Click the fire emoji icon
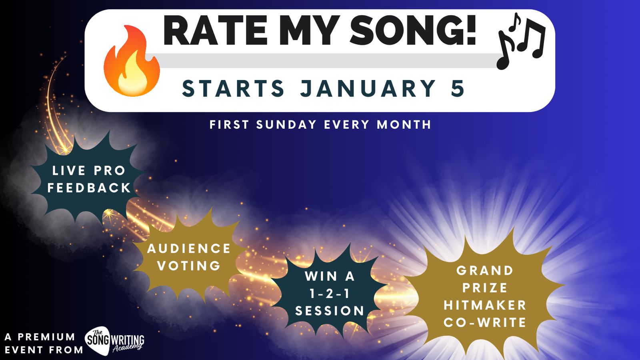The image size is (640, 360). (x=132, y=60)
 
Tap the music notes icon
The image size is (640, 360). (x=522, y=41)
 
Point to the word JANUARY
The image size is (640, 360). (x=368, y=88)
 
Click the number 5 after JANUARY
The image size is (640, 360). (x=458, y=88)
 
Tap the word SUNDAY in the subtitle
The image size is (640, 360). (x=286, y=124)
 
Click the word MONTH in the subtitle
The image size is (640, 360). (x=404, y=124)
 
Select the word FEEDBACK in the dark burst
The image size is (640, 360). (x=89, y=188)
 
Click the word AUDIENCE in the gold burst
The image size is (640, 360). (x=189, y=248)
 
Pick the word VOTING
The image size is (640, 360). (x=189, y=266)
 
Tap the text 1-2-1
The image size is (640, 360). (x=330, y=294)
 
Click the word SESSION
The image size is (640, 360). (x=330, y=311)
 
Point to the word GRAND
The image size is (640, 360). (x=485, y=270)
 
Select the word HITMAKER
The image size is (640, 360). (x=485, y=305)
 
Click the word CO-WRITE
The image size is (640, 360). (x=485, y=322)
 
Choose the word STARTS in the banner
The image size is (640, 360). (x=233, y=88)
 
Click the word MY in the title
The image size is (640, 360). (x=309, y=31)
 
